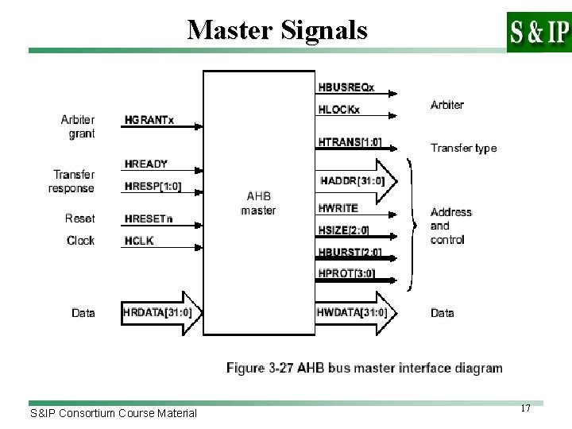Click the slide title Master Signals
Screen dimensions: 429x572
[x=277, y=30]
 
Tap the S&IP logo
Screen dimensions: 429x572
[x=538, y=32]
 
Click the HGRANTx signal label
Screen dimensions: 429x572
[x=149, y=121]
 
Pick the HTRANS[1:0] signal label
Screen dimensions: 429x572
[x=350, y=143]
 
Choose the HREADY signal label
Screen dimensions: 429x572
[x=146, y=164]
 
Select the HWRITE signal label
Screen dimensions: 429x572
[x=338, y=207]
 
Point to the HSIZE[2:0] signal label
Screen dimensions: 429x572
[x=344, y=231]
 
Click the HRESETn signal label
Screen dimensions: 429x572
[x=149, y=218]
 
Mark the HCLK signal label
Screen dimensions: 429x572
[x=139, y=241]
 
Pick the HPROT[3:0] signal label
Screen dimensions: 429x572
[x=346, y=275]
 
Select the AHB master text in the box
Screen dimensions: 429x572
[x=258, y=203]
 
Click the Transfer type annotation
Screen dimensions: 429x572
[x=463, y=148]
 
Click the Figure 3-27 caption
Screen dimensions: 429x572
[x=365, y=368]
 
